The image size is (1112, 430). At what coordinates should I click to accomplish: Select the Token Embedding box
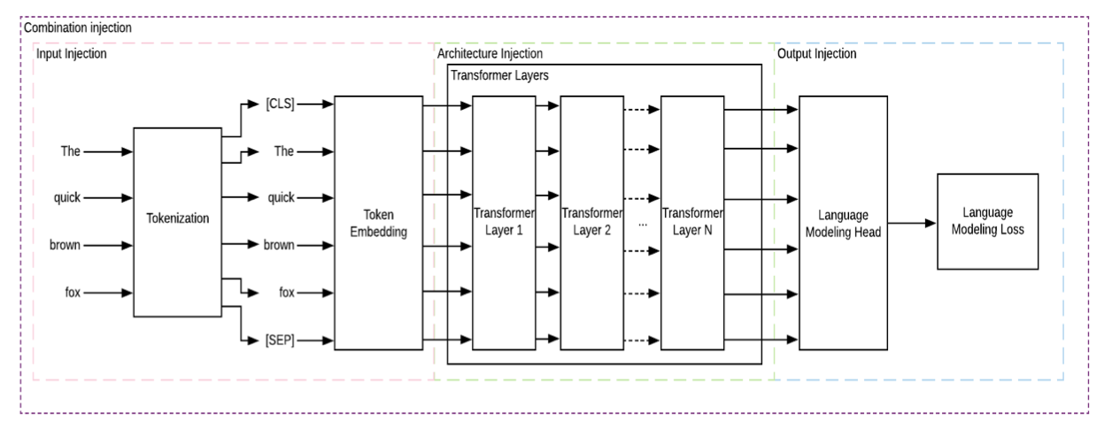coord(378,222)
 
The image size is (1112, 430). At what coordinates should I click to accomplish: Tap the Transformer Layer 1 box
coord(504,222)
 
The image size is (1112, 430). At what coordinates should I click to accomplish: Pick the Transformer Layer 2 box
coord(591,222)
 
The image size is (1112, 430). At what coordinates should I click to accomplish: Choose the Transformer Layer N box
coord(692,222)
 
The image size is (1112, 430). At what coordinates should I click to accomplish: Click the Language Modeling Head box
coord(843,222)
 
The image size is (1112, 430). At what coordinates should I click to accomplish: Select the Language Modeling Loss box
coord(987,221)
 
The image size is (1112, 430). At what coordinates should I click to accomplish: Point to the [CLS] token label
coord(280,104)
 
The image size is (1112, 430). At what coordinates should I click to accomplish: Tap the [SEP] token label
coord(280,340)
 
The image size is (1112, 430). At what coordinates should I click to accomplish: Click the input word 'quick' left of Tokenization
coord(66,198)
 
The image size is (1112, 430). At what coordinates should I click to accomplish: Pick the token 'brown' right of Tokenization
coord(279,245)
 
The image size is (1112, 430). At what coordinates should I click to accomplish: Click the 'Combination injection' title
coord(78,27)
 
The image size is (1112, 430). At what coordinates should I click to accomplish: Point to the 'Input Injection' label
coord(72,55)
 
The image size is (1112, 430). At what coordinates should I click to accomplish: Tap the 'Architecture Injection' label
coord(490,55)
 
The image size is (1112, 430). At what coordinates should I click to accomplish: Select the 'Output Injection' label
coord(816,55)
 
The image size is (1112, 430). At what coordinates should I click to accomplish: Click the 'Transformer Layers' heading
coord(499,76)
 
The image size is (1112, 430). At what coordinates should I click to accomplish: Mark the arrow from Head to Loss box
coord(912,223)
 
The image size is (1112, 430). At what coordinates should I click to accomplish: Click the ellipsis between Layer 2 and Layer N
coord(643,223)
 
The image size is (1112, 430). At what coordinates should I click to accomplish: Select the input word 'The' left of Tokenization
coord(70,151)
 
